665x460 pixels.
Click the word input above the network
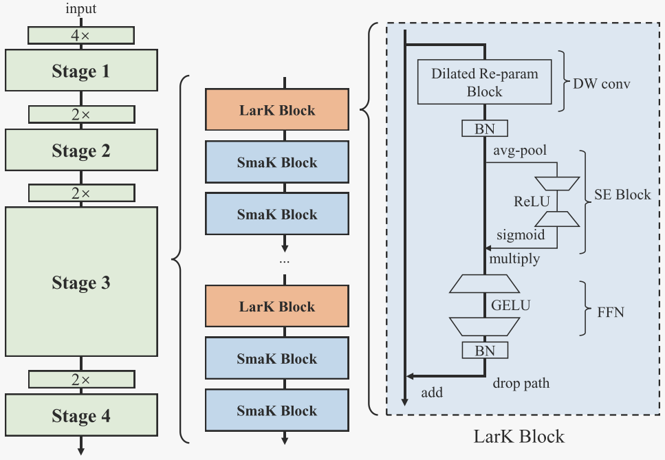[81, 9]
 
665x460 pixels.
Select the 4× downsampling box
[81, 35]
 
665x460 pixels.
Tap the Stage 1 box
[81, 71]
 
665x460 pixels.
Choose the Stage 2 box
[81, 151]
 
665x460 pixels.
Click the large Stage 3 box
[81, 282]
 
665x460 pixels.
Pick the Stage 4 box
[81, 416]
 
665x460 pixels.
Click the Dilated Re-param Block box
[485, 83]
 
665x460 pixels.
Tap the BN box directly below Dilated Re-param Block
[485, 128]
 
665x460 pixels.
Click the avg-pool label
[520, 149]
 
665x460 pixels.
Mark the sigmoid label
[521, 235]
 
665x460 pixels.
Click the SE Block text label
[622, 195]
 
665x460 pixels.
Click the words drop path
[521, 383]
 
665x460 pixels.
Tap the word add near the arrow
[432, 393]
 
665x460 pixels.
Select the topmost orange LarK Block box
[277, 110]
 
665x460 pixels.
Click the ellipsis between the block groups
[284, 262]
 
